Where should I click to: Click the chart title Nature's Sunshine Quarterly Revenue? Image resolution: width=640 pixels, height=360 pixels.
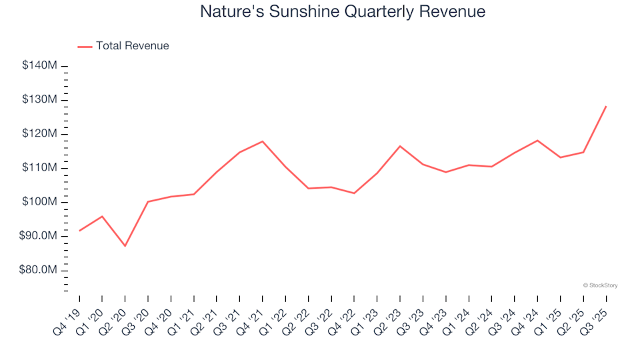click(x=343, y=12)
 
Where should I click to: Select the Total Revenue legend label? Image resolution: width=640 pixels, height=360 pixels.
click(x=132, y=46)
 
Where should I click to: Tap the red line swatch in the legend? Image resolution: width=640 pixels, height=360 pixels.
click(x=85, y=47)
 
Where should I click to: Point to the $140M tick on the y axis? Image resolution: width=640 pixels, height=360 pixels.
click(x=42, y=65)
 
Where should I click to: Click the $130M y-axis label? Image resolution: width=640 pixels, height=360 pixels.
click(x=42, y=100)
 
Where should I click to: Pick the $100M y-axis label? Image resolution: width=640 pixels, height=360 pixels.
click(x=42, y=202)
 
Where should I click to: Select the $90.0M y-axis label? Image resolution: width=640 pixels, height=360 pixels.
click(x=41, y=236)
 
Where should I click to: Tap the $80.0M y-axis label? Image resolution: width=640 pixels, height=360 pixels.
click(x=41, y=270)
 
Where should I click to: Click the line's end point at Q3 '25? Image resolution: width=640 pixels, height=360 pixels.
click(x=605, y=106)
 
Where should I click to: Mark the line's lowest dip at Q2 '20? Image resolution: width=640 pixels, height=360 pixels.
click(x=125, y=246)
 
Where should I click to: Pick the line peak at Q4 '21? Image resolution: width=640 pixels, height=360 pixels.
click(x=262, y=141)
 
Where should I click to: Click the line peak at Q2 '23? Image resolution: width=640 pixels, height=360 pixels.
click(x=400, y=146)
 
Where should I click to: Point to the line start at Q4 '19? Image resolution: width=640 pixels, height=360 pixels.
click(x=79, y=231)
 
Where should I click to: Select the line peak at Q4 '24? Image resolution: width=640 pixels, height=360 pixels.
click(x=537, y=140)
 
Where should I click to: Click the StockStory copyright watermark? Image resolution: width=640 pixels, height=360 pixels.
click(x=600, y=285)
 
